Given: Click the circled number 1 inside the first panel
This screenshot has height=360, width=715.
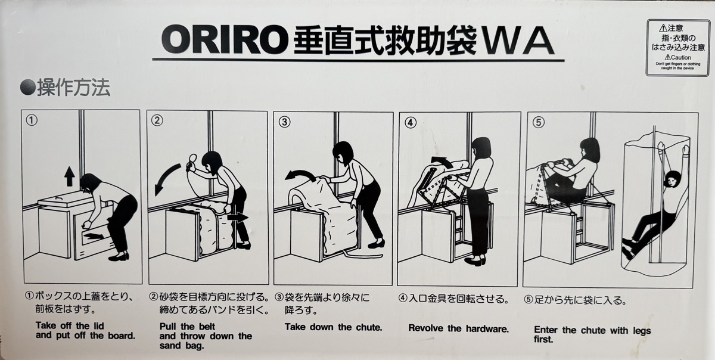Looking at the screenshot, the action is pos(32,120).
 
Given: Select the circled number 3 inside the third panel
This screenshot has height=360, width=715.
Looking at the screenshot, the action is pos(284,122).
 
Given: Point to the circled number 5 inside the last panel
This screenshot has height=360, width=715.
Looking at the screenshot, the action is pos(538,122).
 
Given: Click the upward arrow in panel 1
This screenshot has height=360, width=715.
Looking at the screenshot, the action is pos(69,176).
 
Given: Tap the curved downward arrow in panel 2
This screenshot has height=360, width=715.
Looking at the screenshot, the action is pos(166,179).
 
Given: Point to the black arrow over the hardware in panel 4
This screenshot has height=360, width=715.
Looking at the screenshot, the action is pos(442,162).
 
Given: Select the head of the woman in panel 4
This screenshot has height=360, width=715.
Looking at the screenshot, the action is pos(481,148).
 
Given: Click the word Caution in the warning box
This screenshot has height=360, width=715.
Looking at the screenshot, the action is pos(680,57).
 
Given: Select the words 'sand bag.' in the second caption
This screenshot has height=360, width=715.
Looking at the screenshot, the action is pos(182,346).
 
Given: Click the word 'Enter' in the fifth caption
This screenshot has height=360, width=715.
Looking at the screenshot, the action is pos(546,330).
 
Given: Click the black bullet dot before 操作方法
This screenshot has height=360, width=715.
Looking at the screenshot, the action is pos(27,87).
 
